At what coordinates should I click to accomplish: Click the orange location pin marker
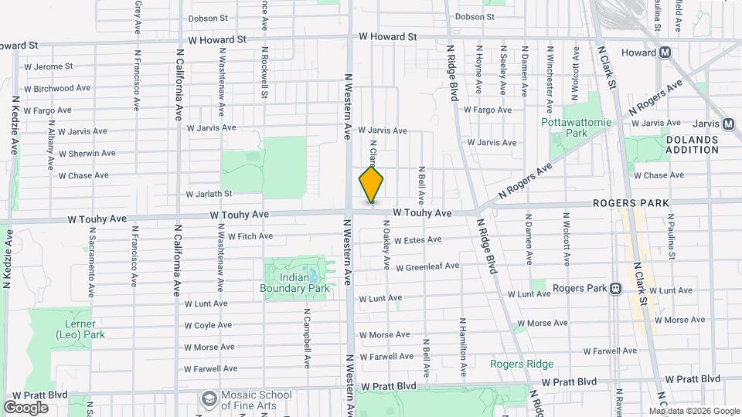click(x=371, y=184)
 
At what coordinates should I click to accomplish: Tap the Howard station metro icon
click(x=664, y=53)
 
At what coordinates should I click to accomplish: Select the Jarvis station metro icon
click(x=728, y=124)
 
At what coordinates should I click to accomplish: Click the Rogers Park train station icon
click(x=616, y=289)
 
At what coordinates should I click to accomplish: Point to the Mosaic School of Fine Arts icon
click(x=208, y=398)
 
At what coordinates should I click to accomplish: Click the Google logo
click(x=26, y=407)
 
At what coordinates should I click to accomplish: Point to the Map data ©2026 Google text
click(x=693, y=411)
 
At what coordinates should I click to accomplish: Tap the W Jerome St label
click(x=49, y=67)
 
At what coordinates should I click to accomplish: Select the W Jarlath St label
click(x=209, y=194)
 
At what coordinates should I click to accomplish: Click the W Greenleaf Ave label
click(x=427, y=266)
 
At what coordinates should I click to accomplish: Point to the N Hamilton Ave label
click(x=462, y=348)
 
